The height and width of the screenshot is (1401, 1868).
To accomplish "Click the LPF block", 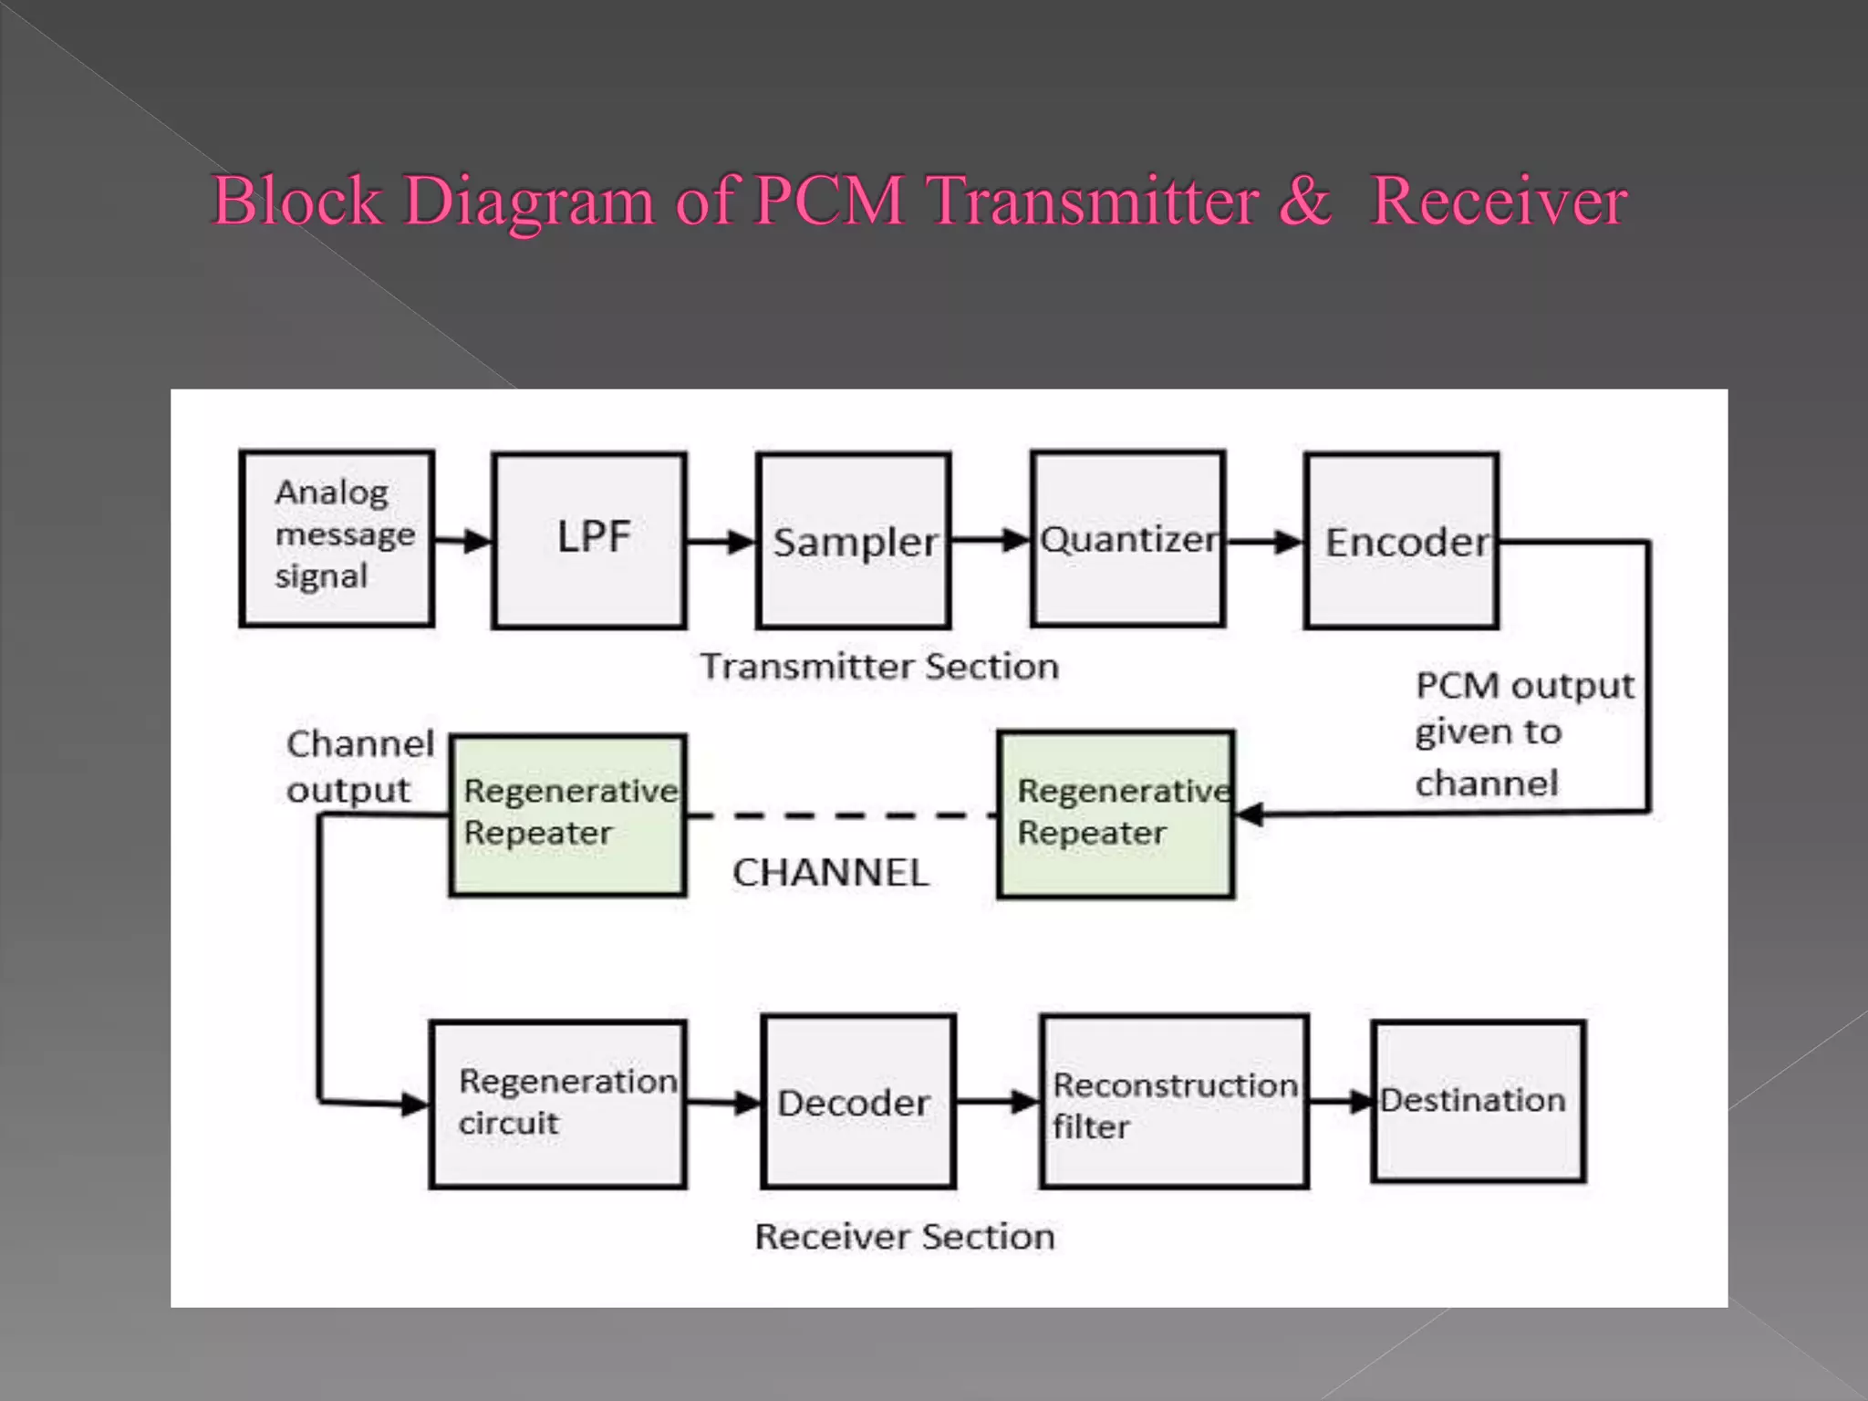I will click(x=589, y=540).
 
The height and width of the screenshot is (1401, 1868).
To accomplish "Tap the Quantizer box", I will click(x=1128, y=539).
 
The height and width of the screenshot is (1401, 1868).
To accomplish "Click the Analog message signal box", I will click(x=337, y=538).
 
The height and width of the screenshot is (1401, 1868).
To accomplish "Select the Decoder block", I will click(x=857, y=1102).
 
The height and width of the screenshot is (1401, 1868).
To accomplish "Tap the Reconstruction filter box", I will click(x=1175, y=1102).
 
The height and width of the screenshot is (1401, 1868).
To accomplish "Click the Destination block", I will click(x=1478, y=1101).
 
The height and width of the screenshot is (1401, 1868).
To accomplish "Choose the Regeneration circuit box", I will click(x=558, y=1104).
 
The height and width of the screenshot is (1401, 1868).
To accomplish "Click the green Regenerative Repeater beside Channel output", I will click(x=568, y=815).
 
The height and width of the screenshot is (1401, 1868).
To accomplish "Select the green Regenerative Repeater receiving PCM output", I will click(x=1116, y=815).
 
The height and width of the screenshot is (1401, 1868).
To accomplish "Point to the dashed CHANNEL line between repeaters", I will click(x=839, y=815).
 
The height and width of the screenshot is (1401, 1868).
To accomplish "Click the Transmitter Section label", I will click(x=879, y=667).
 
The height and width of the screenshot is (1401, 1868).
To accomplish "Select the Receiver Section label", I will click(x=905, y=1237).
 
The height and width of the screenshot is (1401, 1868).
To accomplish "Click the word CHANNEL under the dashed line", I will click(x=830, y=873).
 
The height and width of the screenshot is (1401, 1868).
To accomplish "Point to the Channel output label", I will click(x=359, y=766).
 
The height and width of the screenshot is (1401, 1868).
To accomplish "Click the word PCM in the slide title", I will click(x=829, y=200).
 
